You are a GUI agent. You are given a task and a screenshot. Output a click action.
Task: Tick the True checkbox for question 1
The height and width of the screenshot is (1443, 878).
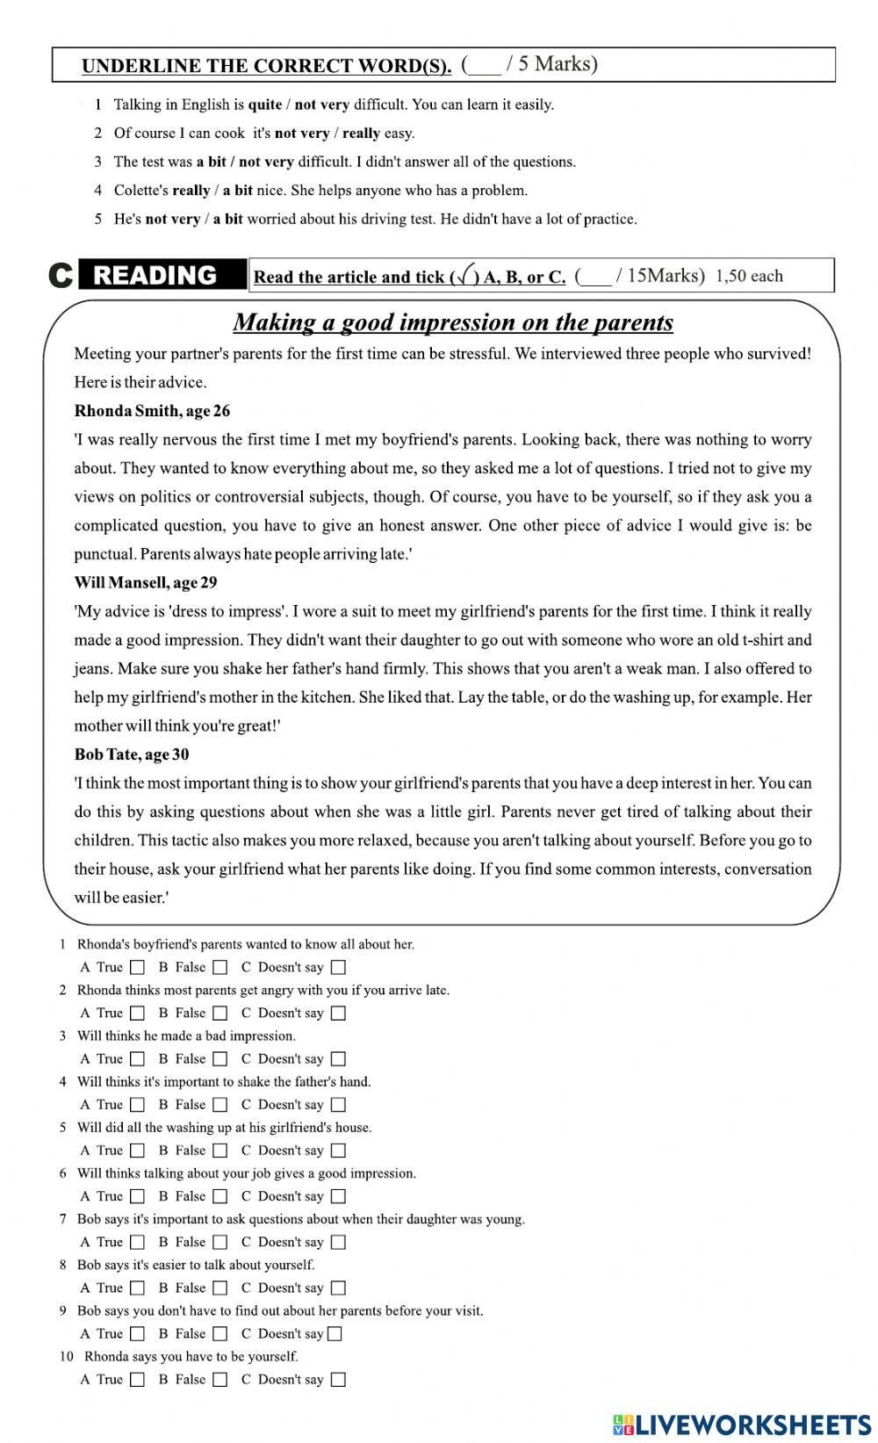tap(138, 968)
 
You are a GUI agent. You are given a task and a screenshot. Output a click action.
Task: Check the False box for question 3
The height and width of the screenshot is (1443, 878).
tap(220, 1059)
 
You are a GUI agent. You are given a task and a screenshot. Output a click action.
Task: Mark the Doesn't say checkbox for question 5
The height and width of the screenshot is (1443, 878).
tap(339, 1151)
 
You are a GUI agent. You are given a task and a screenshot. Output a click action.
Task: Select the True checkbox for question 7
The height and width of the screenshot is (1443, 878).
tap(138, 1243)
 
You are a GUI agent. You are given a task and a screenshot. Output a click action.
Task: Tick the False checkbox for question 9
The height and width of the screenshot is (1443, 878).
tap(220, 1334)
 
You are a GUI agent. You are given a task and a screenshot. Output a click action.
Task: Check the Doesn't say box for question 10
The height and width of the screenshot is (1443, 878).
tap(339, 1380)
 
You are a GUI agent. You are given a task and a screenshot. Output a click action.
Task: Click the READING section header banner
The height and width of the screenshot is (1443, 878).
tap(155, 276)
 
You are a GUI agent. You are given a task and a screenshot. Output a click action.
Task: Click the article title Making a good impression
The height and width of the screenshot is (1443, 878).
tap(453, 322)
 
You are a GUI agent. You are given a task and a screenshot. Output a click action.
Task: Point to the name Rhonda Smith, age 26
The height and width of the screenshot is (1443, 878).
tap(152, 411)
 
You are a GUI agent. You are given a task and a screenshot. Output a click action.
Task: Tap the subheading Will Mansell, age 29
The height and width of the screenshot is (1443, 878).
tap(146, 582)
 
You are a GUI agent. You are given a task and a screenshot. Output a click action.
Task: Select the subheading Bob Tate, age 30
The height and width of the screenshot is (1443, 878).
tap(132, 754)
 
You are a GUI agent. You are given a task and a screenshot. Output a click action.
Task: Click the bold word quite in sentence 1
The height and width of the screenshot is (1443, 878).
tap(264, 105)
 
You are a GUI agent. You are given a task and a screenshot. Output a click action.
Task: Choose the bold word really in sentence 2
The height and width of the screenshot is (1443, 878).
tap(360, 133)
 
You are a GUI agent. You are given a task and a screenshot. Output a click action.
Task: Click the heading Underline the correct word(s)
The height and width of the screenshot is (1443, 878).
tap(266, 66)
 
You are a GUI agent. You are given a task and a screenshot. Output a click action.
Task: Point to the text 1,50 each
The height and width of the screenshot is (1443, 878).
tap(749, 276)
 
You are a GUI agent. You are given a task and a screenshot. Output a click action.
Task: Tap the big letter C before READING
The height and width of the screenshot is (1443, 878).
tap(60, 276)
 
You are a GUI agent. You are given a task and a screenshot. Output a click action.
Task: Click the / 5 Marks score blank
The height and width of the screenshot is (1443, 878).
tap(485, 66)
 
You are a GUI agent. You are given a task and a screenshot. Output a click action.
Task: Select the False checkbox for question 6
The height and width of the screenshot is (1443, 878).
tap(220, 1196)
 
